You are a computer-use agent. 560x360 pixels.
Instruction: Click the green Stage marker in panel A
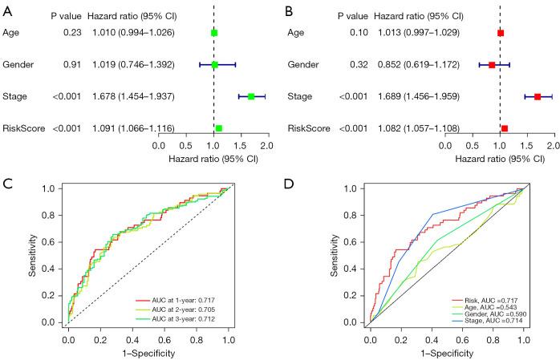[x=251, y=96]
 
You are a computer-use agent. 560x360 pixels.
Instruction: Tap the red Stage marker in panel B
[x=538, y=96]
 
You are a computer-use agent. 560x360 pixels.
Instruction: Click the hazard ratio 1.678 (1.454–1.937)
[x=128, y=96]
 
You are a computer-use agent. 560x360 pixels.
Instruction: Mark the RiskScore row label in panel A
[x=25, y=127]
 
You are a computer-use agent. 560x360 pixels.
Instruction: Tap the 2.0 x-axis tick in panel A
[x=267, y=146]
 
